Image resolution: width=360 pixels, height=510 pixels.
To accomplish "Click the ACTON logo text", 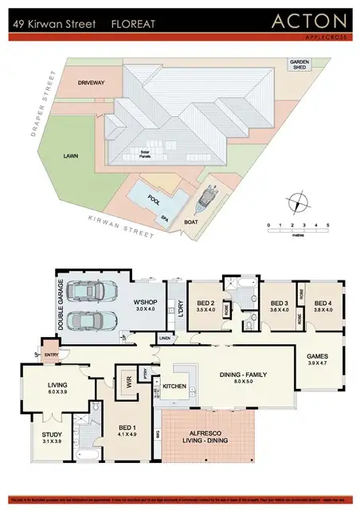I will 310,21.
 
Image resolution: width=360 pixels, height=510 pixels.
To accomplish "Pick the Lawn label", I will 71,157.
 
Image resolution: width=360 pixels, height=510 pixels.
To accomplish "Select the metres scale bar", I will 298,229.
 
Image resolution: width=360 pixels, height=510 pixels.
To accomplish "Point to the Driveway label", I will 91,82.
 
